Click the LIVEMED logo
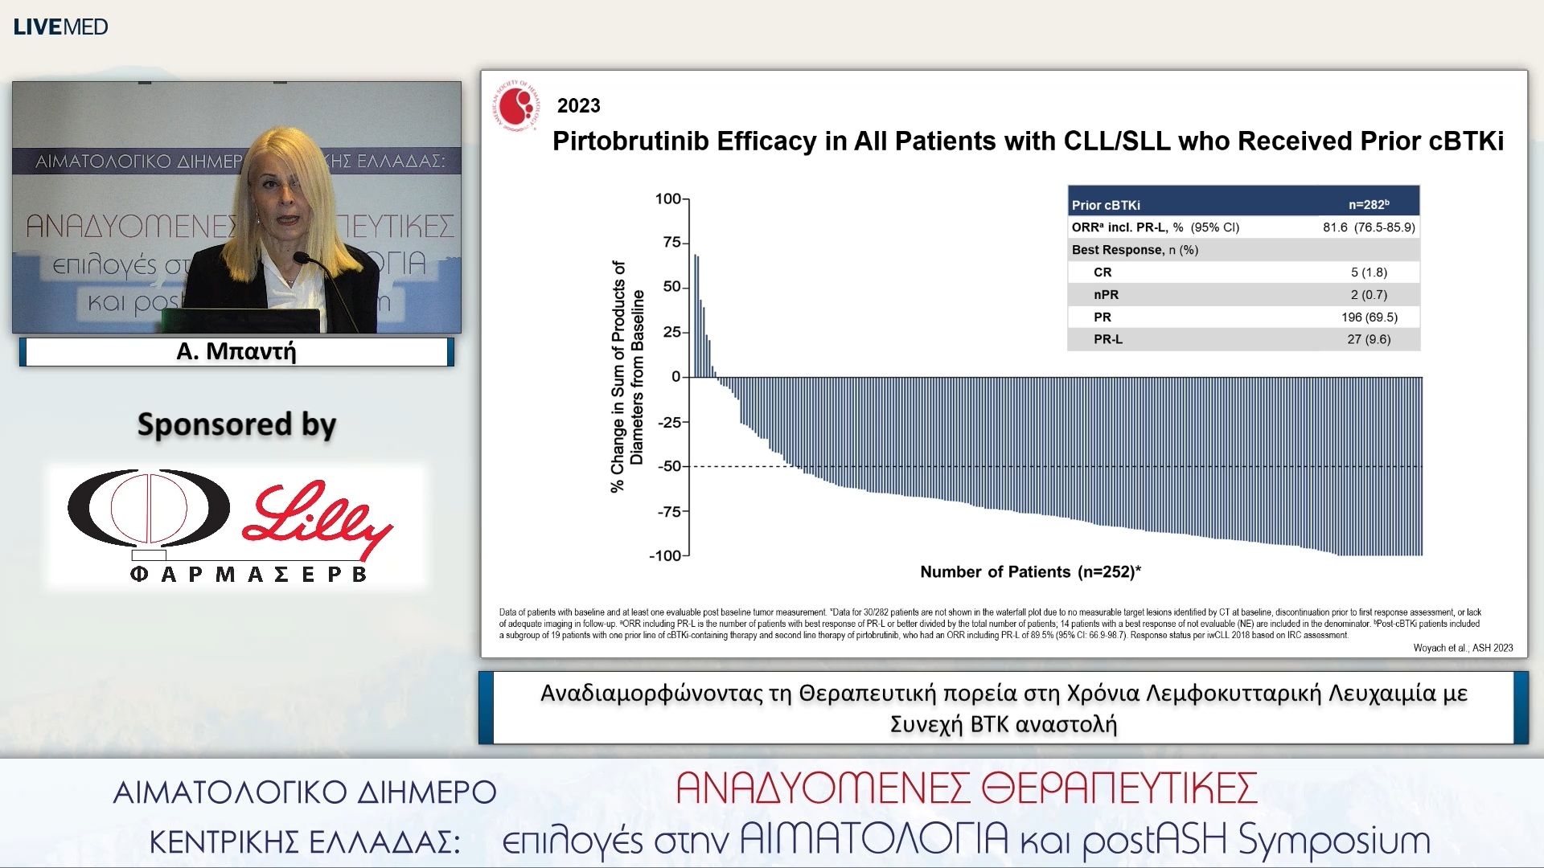click(x=60, y=27)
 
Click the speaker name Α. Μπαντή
click(x=236, y=351)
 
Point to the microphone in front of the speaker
click(x=303, y=258)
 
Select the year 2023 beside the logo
click(x=578, y=106)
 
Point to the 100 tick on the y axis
click(x=667, y=199)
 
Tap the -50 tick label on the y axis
click(x=668, y=466)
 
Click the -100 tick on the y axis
click(x=665, y=555)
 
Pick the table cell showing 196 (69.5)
click(x=1369, y=317)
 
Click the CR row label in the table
click(x=1103, y=272)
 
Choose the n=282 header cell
click(x=1368, y=205)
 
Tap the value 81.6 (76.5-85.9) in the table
click(x=1369, y=227)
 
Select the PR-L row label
click(x=1107, y=339)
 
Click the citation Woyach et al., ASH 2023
click(x=1463, y=648)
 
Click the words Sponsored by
click(x=236, y=424)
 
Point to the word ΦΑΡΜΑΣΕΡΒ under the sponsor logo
click(x=248, y=574)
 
